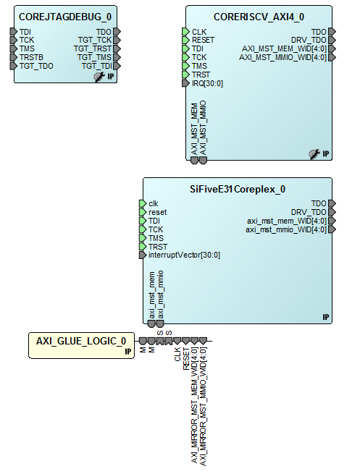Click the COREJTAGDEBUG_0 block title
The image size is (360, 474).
click(65, 16)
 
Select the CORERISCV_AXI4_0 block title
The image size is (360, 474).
click(259, 16)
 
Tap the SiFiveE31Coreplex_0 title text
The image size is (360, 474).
click(238, 189)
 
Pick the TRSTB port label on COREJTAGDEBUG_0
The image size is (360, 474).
click(32, 57)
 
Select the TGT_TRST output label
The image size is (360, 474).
click(93, 48)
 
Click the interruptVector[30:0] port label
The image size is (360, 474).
click(184, 255)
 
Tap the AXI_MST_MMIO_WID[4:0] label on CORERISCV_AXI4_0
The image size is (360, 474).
click(282, 57)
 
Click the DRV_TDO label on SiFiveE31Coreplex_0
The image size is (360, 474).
click(308, 212)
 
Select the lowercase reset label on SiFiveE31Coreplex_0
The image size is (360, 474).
click(157, 212)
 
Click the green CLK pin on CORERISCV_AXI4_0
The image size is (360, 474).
click(185, 31)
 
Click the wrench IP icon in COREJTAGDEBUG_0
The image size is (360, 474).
click(100, 76)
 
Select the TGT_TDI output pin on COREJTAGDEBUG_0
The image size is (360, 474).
click(117, 66)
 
